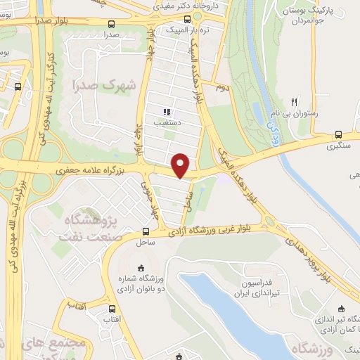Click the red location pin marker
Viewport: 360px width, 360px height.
point(181,165)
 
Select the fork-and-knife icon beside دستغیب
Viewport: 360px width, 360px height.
point(167,111)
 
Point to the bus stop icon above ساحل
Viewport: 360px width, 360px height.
point(146,231)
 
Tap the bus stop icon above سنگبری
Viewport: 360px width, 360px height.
point(339,134)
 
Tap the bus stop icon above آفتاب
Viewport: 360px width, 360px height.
point(111,309)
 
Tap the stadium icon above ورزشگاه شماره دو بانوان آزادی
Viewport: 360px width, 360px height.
point(141,267)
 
